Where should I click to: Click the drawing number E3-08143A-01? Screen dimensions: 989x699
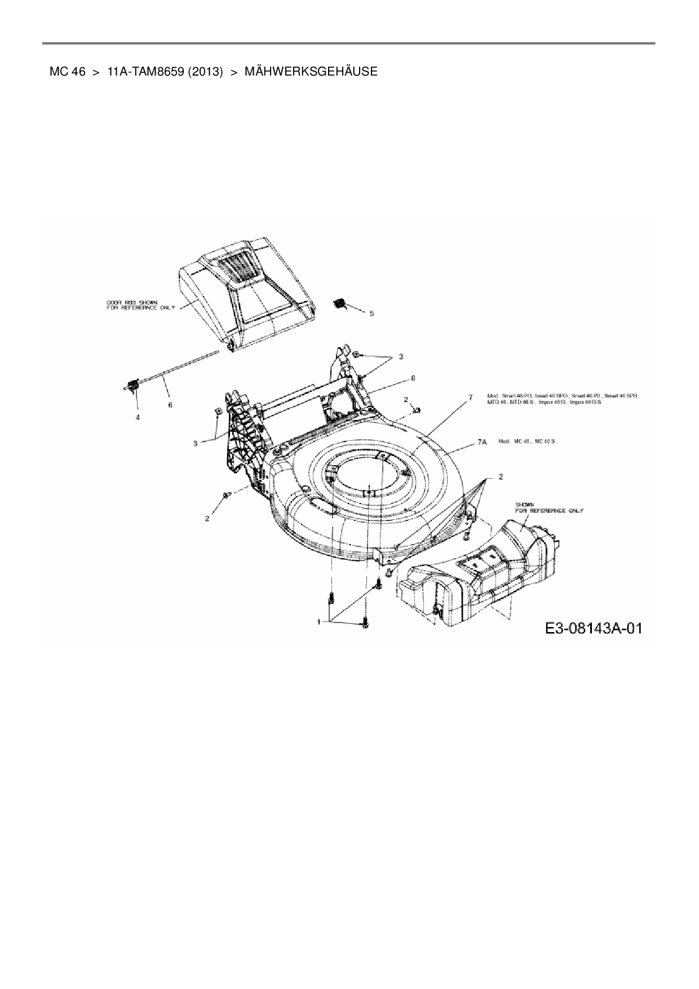(593, 629)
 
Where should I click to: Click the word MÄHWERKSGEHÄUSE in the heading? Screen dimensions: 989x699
(311, 72)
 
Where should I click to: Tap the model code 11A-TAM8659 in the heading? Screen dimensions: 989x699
(145, 72)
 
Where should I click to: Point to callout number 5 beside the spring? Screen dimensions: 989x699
(371, 313)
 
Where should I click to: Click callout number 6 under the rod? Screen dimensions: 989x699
(170, 405)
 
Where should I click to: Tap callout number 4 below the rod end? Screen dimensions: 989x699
(137, 417)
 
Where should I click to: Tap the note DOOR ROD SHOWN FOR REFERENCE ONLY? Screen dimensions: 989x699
(140, 304)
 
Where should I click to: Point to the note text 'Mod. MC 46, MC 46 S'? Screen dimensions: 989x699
(527, 441)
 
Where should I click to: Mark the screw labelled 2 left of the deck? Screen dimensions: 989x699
(227, 494)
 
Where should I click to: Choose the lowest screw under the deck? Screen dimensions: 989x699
(365, 624)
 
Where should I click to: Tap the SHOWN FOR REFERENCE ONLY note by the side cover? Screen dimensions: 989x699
(549, 507)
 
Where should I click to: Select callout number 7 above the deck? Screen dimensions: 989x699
(470, 398)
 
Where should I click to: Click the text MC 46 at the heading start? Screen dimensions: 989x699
(67, 72)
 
